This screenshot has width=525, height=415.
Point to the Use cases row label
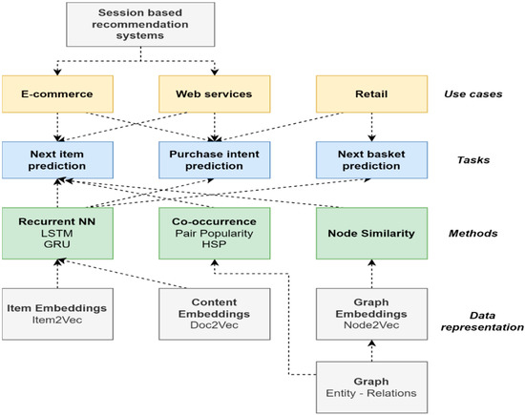473,93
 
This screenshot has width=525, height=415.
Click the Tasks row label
473,160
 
